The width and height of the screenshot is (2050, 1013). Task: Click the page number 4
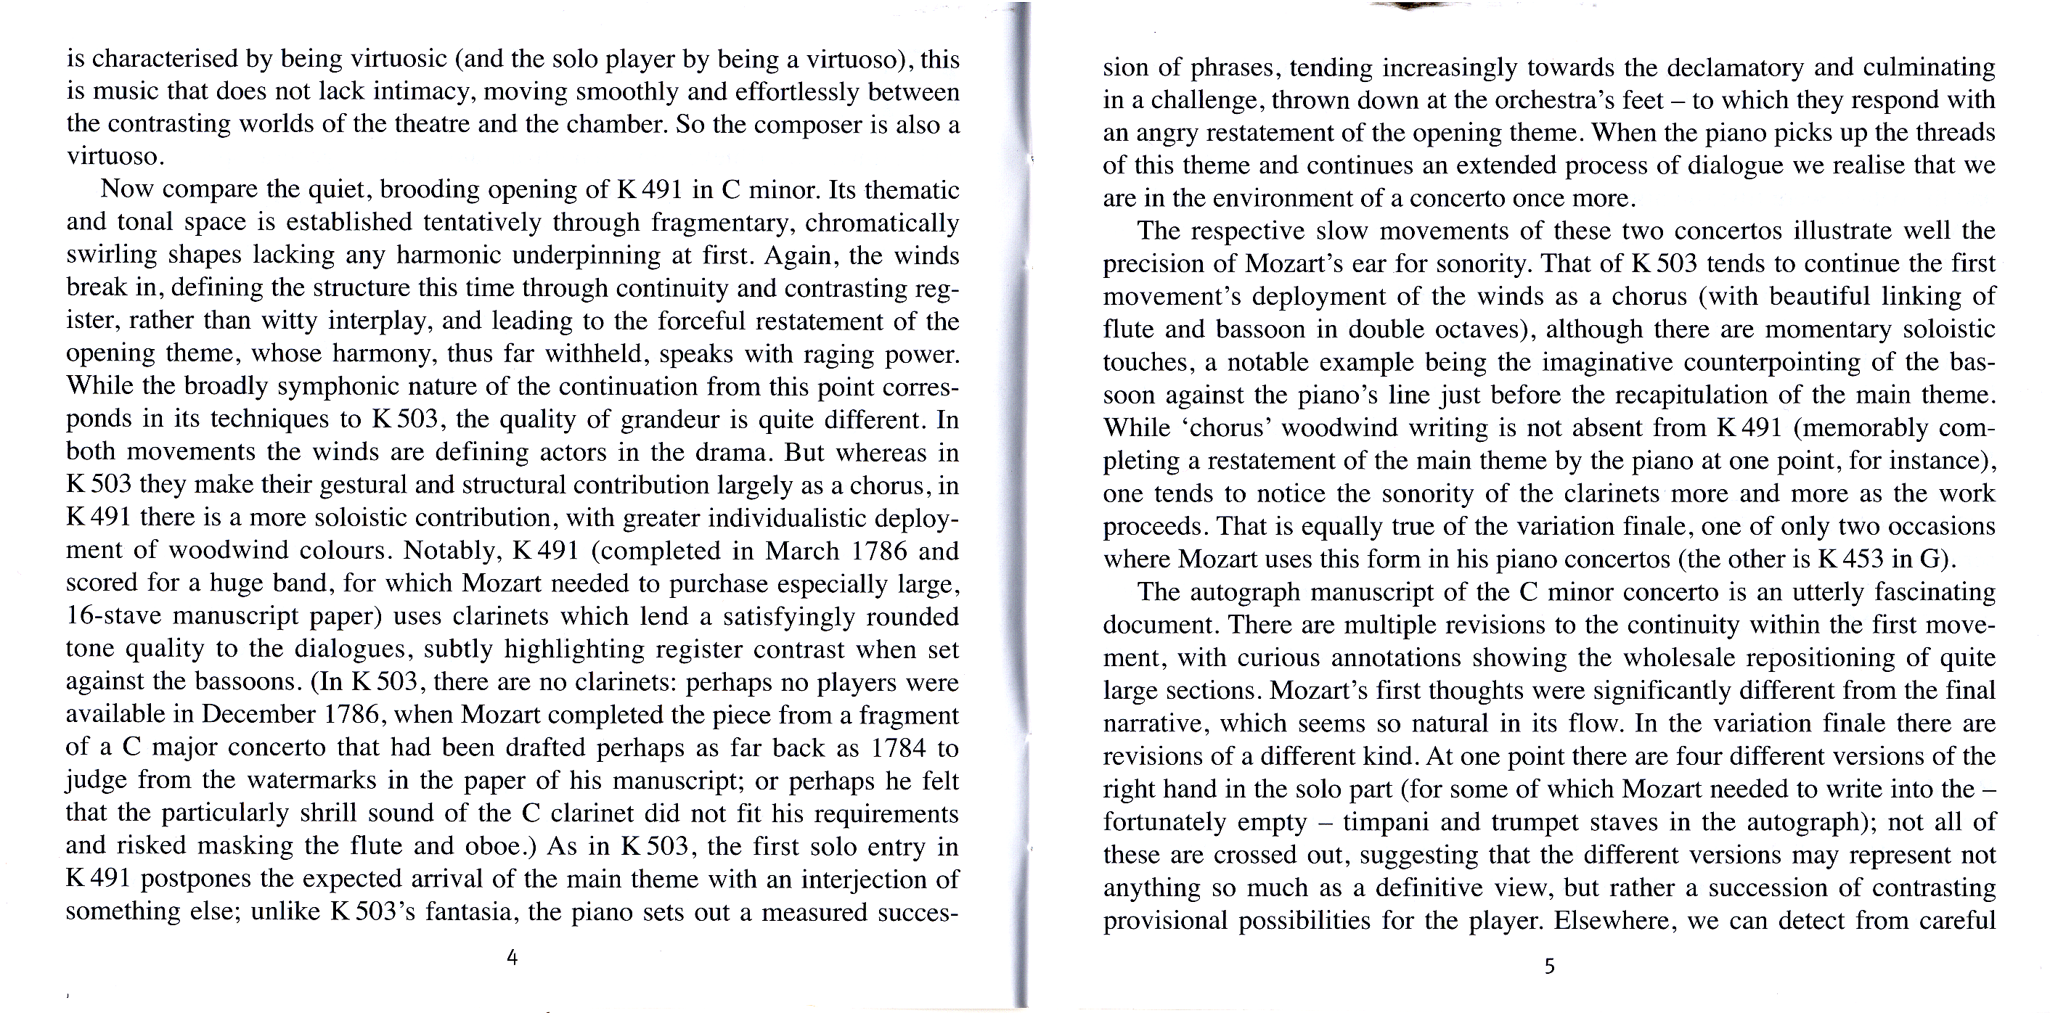pyautogui.click(x=512, y=957)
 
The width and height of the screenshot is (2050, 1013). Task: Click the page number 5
pyautogui.click(x=1548, y=966)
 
